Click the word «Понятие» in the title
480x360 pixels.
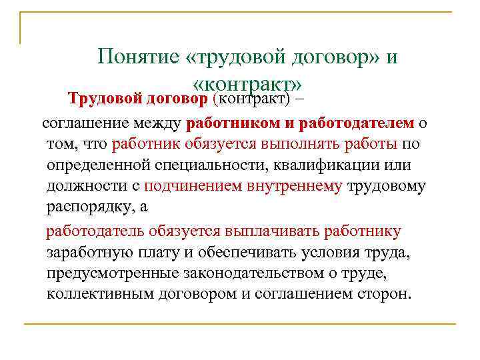136,57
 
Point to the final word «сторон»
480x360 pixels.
382,294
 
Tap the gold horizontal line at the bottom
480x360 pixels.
240,324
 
